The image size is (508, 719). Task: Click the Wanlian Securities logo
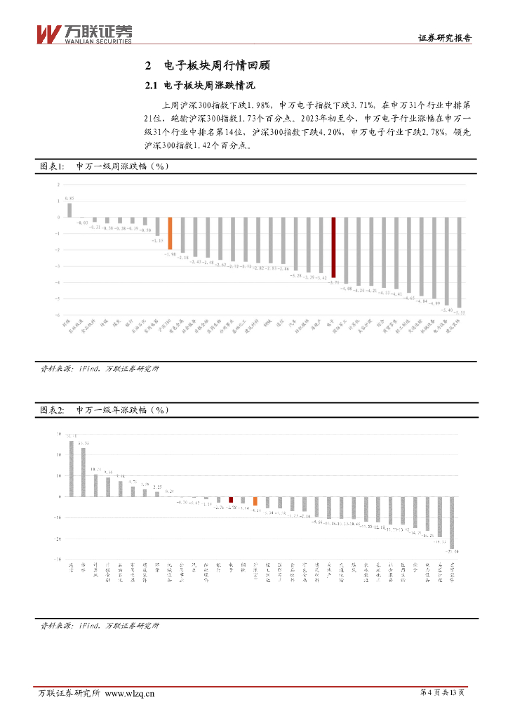pos(83,33)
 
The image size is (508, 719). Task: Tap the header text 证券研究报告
pos(444,39)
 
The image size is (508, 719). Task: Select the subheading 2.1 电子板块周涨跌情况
pos(198,86)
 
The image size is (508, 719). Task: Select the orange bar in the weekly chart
pos(169,234)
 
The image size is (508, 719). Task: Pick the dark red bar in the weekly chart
pos(334,247)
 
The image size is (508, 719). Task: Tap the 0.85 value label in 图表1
pos(69,198)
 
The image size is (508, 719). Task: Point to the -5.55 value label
pos(459,312)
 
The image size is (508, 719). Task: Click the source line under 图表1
pos(100,369)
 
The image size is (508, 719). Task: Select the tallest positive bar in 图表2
pos(71,468)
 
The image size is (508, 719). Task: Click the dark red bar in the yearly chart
pos(231,499)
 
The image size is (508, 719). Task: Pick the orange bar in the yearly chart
pos(255,501)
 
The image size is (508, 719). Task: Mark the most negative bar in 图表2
pos(452,522)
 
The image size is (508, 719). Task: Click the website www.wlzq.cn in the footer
pos(130,694)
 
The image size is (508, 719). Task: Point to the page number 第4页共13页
pos(442,693)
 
